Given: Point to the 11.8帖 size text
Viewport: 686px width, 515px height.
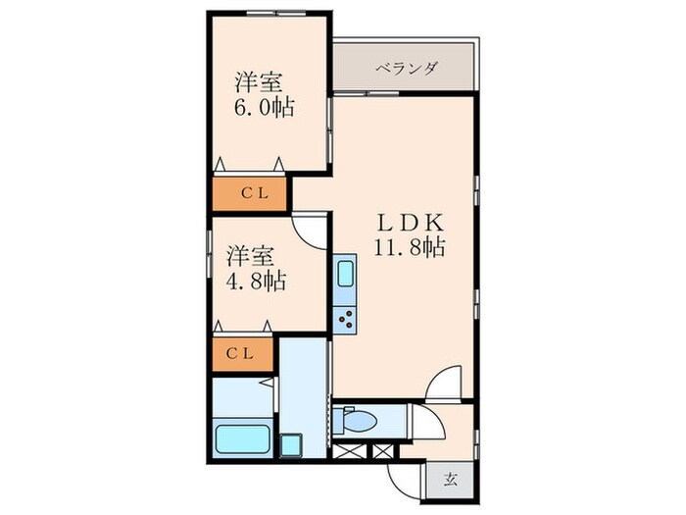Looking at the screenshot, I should (x=409, y=247).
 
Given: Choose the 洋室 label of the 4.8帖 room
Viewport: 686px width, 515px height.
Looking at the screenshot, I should (x=249, y=257).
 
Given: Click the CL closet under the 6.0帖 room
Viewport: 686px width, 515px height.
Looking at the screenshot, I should (x=249, y=193).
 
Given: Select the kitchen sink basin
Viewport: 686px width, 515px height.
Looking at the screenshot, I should (x=345, y=274).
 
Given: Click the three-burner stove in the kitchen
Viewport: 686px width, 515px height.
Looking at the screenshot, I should (x=345, y=316).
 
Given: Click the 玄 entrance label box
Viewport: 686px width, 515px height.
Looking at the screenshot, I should (x=451, y=480).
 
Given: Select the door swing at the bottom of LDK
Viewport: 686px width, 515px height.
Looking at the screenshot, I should (x=443, y=383).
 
